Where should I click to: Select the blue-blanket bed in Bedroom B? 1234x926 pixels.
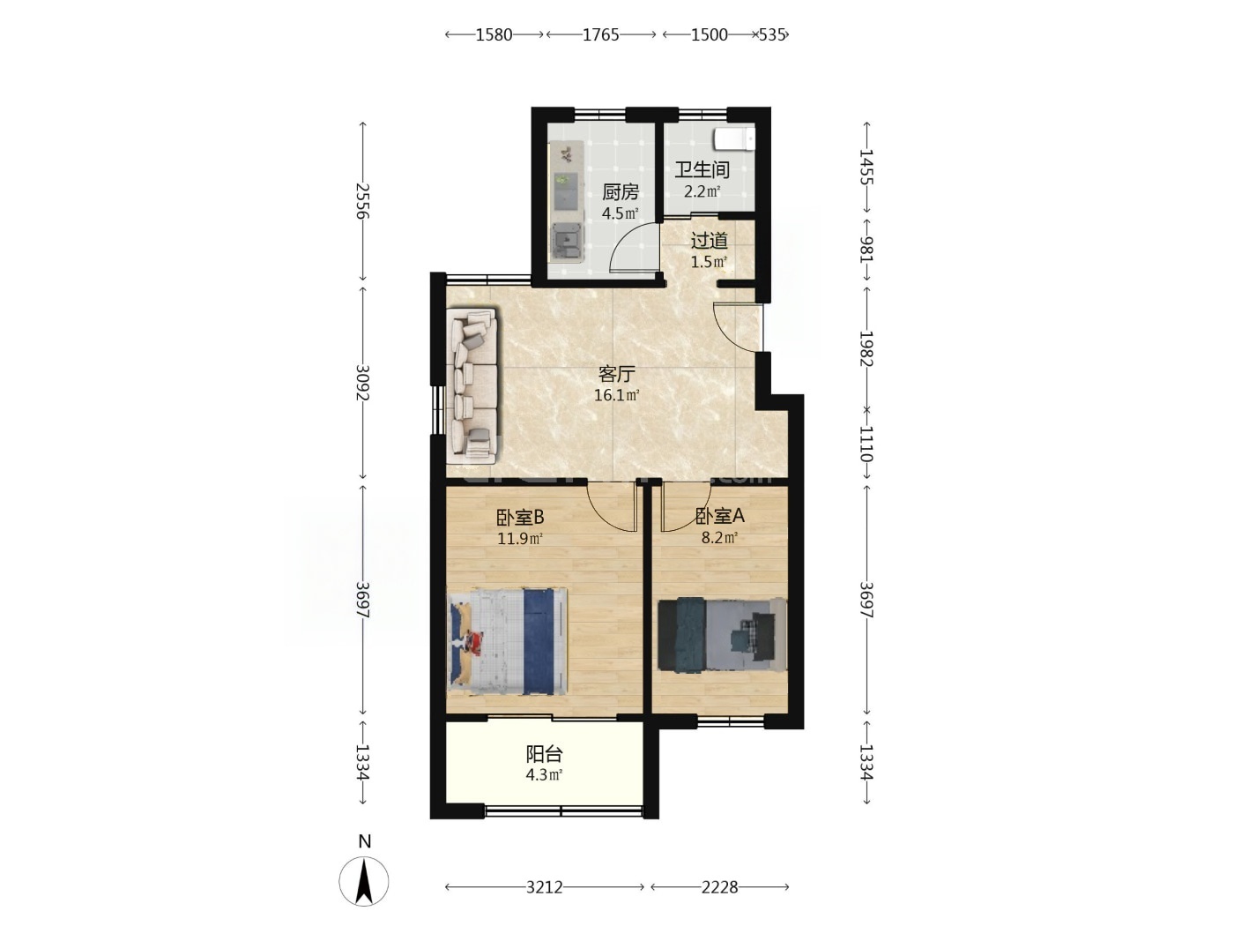(x=507, y=641)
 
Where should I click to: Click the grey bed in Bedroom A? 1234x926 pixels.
(x=723, y=635)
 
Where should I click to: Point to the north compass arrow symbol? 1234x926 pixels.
(x=364, y=880)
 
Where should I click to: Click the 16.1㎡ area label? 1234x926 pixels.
(x=617, y=395)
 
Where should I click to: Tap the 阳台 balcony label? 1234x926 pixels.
(x=544, y=753)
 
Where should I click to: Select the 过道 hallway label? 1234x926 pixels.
(x=709, y=241)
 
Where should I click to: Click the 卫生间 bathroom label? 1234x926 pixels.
(x=702, y=169)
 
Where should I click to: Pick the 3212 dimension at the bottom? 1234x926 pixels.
(x=544, y=887)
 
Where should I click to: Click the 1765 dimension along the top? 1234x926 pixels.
(x=600, y=35)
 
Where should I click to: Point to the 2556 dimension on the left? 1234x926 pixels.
(x=362, y=201)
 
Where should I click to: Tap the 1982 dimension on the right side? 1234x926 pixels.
(x=866, y=348)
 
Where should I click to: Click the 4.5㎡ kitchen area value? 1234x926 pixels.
(x=621, y=213)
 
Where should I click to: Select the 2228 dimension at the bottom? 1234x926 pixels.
(x=719, y=887)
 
